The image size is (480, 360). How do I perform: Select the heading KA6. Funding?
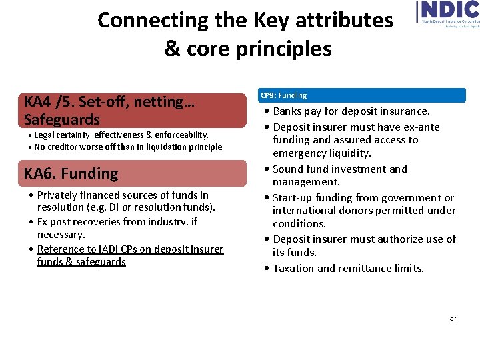71,173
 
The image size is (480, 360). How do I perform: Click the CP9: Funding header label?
283,95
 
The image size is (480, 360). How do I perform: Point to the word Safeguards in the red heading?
61,119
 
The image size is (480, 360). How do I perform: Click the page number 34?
453,318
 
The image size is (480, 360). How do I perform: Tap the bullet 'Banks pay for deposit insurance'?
351,111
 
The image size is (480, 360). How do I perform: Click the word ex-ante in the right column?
421,127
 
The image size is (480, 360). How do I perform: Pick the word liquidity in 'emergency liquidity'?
346,153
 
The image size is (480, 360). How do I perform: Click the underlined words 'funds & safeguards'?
81,261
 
